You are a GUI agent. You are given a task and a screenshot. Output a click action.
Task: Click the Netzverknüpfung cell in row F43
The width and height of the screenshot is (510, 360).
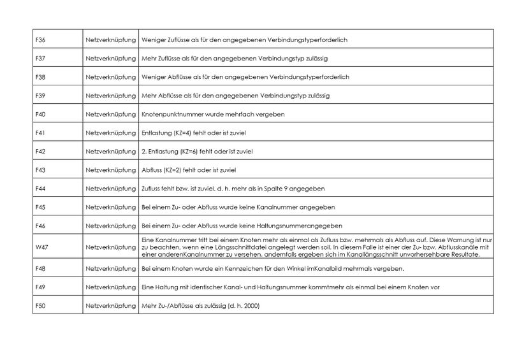pyautogui.click(x=110, y=170)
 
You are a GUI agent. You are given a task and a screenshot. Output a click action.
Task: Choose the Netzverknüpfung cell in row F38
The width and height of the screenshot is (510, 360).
pyautogui.click(x=110, y=77)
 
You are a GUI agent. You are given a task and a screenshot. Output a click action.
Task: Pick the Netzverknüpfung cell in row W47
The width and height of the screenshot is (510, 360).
pyautogui.click(x=110, y=245)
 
